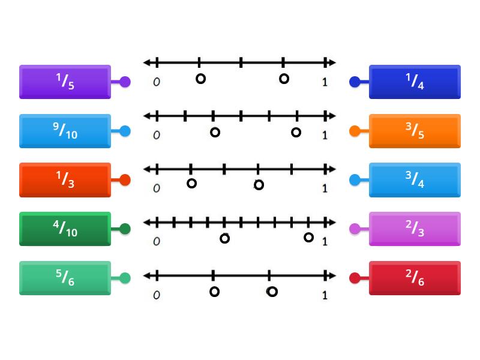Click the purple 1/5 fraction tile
coord(65,82)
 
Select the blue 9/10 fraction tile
coord(65,131)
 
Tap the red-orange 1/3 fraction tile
coord(65,179)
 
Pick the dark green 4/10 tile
coord(65,229)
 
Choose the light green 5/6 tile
coord(65,278)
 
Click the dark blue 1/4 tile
coord(415,82)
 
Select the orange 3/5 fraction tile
coord(415,131)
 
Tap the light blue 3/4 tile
coord(415,179)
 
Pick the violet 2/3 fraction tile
coord(415,229)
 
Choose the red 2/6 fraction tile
coord(415,278)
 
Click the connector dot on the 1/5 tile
coord(125,82)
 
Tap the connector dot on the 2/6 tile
coord(355,278)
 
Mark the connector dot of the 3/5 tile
coord(355,131)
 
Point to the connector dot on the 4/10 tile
coord(125,229)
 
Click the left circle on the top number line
coord(200,79)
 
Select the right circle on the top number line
coord(284,79)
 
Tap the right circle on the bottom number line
coord(272,292)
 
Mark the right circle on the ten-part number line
coord(308,238)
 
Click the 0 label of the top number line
coord(156,82)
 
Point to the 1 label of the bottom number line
coord(325,295)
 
